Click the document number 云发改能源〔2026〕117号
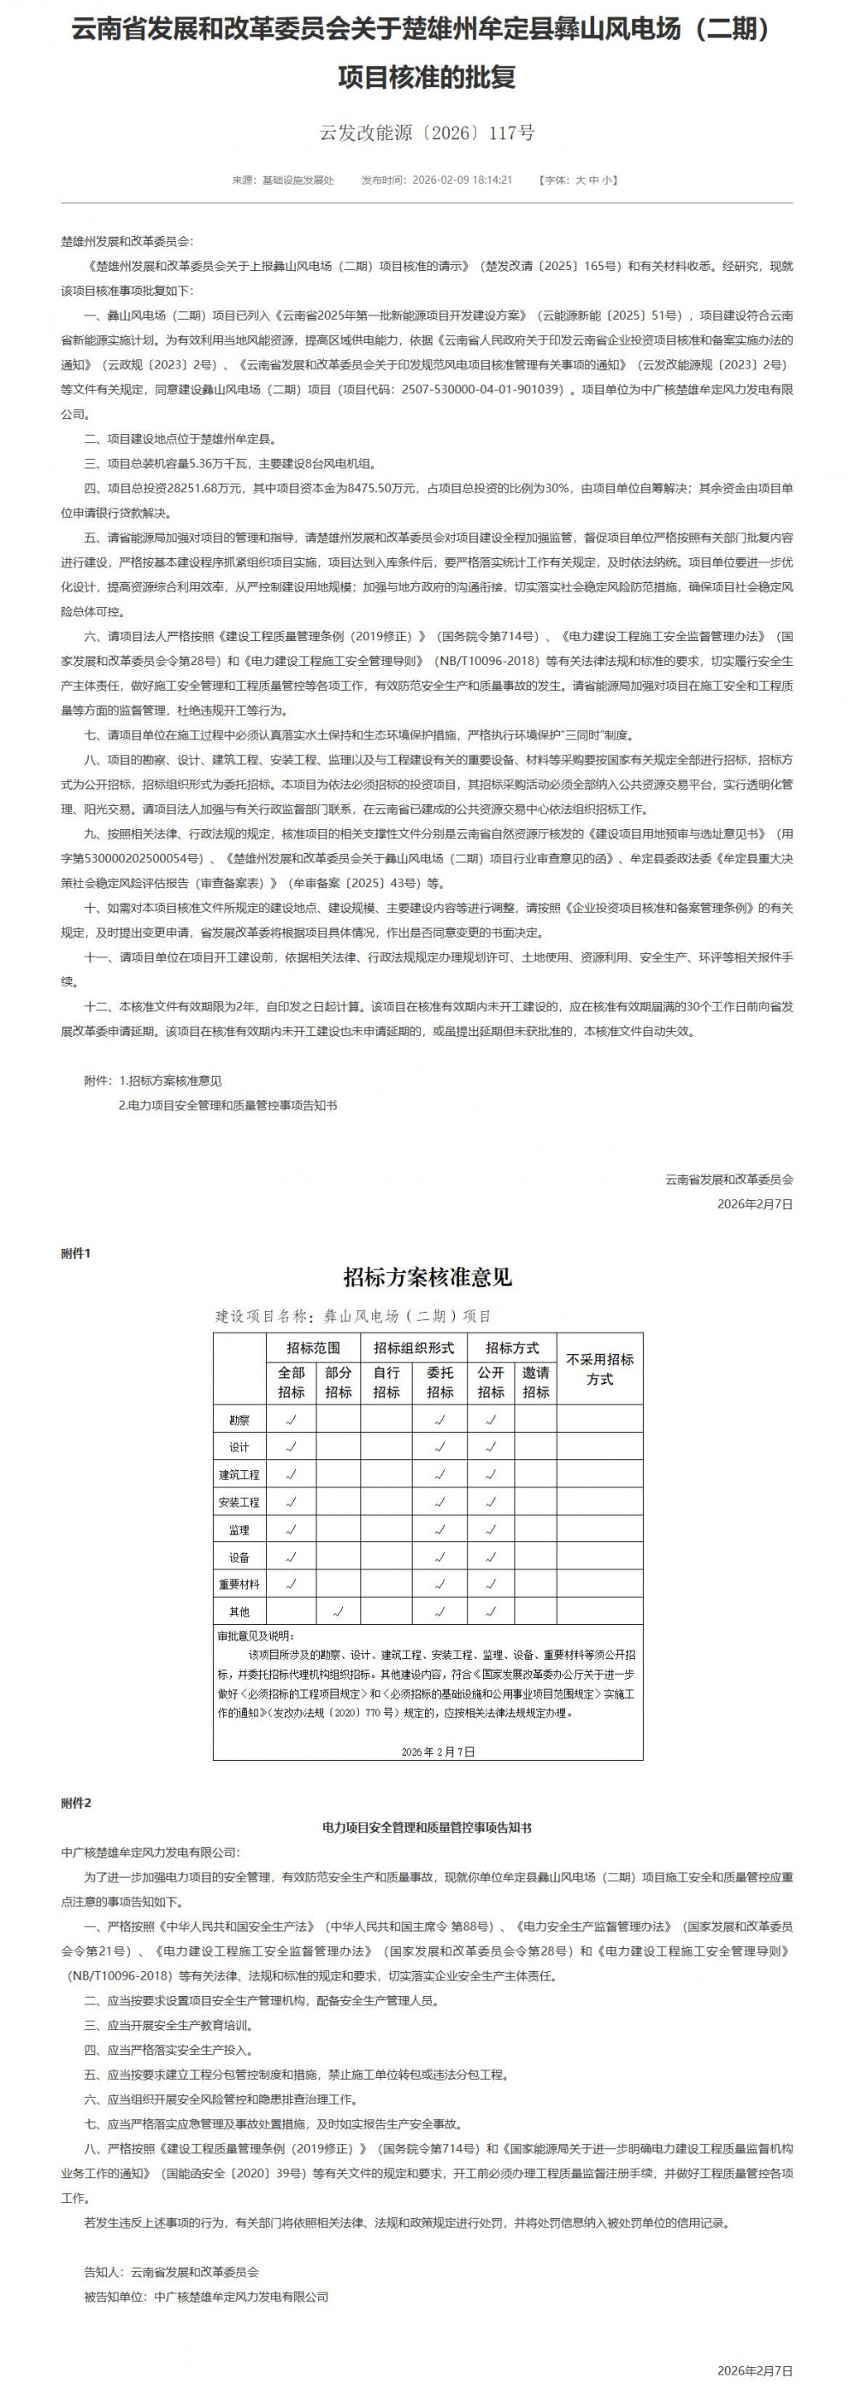pos(427,133)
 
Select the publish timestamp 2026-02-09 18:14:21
pos(462,180)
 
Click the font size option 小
pos(606,180)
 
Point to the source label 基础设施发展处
pos(298,180)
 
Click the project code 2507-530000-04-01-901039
pos(483,390)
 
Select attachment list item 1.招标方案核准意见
pos(170,1080)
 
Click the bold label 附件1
pos(76,1253)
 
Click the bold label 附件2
pos(76,1803)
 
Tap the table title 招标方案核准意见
pos(427,1277)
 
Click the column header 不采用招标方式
pos(599,1369)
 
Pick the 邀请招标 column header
pos(536,1382)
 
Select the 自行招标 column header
pos(386,1382)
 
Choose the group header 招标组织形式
pos(413,1348)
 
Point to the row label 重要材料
pos(239,1584)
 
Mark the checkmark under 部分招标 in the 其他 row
pos(339,1612)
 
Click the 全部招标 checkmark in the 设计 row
pos(292,1447)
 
